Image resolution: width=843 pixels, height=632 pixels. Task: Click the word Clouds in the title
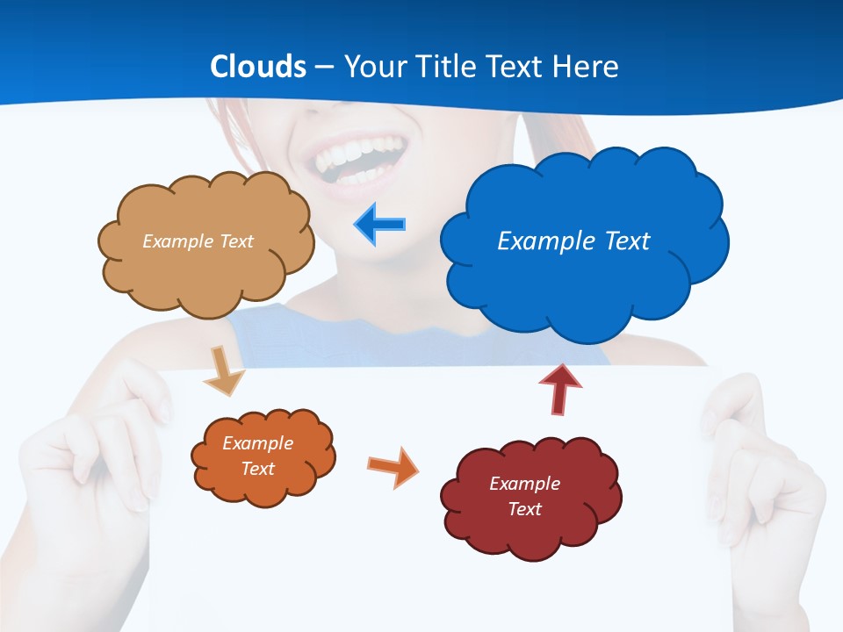(258, 67)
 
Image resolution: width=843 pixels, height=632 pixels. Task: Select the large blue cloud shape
(584, 281)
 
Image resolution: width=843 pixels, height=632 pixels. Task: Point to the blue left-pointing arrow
(380, 225)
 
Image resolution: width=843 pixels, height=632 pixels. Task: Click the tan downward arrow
(223, 371)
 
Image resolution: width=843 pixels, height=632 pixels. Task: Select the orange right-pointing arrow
(393, 466)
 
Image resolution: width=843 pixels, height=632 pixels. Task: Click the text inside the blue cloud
(573, 241)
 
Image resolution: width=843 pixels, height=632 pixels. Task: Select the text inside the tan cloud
(198, 241)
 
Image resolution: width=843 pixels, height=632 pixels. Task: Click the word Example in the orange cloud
(257, 443)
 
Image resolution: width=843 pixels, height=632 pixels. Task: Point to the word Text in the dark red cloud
(524, 509)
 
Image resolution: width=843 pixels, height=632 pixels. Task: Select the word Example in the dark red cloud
(524, 484)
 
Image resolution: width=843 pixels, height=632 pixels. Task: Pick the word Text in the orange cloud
(257, 469)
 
